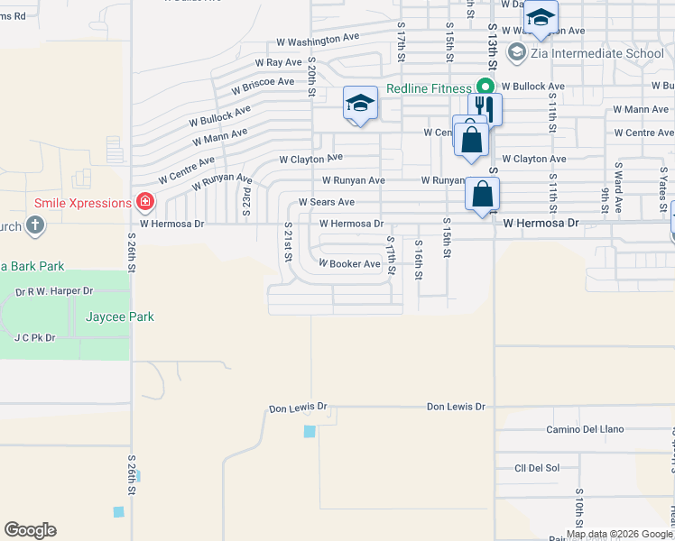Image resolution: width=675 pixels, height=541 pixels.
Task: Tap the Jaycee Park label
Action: coord(120,316)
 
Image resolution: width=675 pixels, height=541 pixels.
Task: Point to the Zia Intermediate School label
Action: coord(598,53)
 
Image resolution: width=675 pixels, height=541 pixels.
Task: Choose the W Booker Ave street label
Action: coord(349,264)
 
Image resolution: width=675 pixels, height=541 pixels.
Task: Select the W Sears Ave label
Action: coord(327,202)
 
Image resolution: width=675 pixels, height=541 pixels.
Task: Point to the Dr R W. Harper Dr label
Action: coord(54,291)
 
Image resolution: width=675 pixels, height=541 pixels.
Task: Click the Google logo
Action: coord(30,530)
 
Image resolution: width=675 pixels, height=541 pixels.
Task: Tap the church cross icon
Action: coord(35,225)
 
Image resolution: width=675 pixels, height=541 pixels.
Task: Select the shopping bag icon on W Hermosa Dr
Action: coord(484,194)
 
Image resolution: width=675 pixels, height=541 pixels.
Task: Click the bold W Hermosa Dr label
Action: coord(541,222)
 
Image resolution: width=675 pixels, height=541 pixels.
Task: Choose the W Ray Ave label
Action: coord(278,63)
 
